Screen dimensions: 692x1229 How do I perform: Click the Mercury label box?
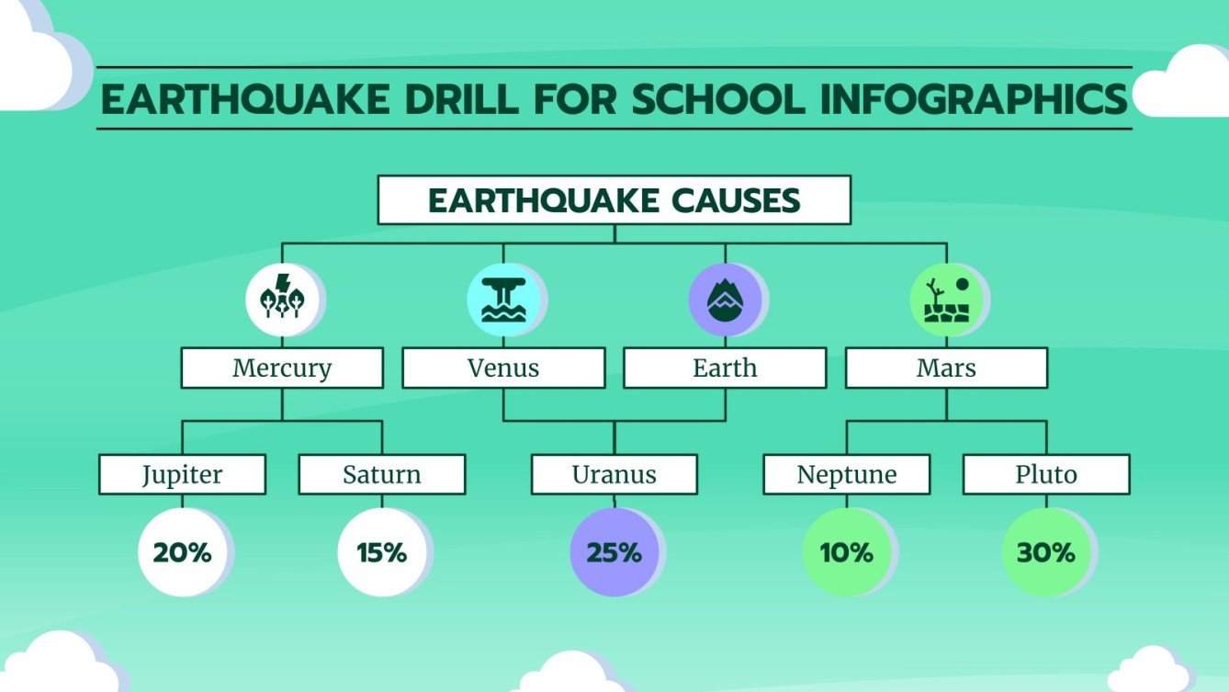[281, 369]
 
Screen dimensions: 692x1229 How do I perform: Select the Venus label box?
[503, 369]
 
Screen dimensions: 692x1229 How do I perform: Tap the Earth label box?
[725, 369]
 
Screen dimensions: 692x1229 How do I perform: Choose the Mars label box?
[946, 369]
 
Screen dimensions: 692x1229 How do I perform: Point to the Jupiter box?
[182, 475]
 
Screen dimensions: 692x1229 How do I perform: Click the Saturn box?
[381, 475]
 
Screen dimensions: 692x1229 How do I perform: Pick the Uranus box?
[614, 475]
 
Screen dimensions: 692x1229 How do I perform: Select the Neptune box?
[847, 475]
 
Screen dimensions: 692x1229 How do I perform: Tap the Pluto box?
[1045, 475]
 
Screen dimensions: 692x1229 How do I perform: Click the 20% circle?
[182, 553]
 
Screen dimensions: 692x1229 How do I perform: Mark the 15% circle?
[381, 553]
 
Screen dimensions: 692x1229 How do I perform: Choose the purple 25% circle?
[614, 553]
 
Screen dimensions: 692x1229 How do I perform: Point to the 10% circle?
[847, 553]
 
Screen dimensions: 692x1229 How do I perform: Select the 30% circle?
[1045, 553]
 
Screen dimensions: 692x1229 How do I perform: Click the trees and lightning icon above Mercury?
[281, 300]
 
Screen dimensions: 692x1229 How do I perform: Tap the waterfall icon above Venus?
[503, 300]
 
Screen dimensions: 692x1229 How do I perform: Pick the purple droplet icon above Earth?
[725, 300]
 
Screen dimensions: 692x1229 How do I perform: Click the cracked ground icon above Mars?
[946, 300]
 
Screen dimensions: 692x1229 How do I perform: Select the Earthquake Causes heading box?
[614, 200]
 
